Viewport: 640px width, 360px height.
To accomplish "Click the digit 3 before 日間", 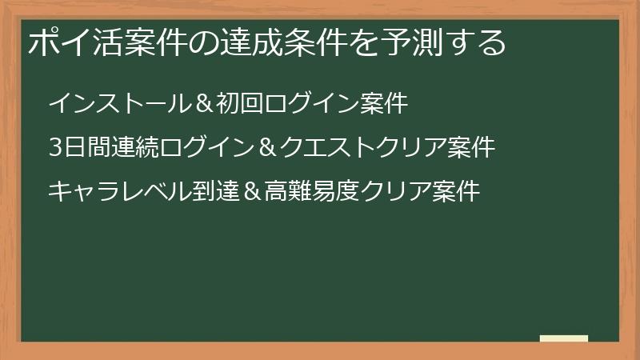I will [x=54, y=148].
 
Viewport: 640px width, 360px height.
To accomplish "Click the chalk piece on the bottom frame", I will [x=564, y=338].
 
